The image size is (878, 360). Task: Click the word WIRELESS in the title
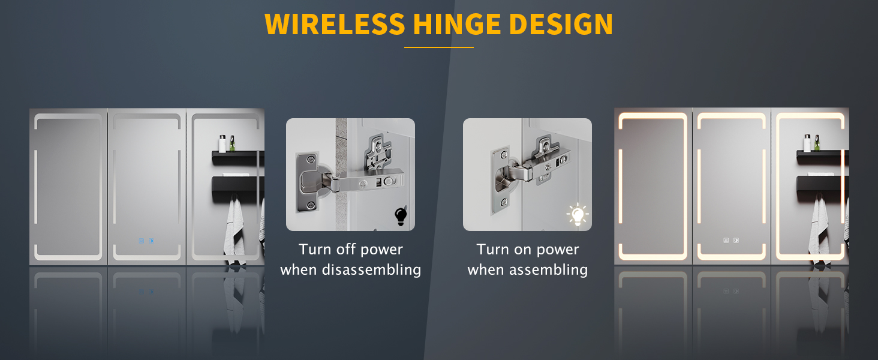[335, 25]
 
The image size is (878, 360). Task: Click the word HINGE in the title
[457, 25]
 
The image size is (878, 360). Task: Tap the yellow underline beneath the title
[439, 47]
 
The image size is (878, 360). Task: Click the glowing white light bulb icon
[578, 215]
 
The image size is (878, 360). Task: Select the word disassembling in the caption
[371, 270]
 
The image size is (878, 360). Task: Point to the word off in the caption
[345, 250]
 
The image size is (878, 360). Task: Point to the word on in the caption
[524, 250]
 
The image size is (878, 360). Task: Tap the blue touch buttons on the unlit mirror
[146, 241]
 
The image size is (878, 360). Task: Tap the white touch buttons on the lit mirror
[731, 241]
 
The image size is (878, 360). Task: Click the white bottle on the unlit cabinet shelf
[222, 143]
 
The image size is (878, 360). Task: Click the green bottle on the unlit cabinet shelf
[232, 143]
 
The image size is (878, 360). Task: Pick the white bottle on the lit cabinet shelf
[807, 143]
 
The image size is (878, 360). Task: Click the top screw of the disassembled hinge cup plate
[311, 160]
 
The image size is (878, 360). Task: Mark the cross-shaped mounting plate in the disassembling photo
[377, 152]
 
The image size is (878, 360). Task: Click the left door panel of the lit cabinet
[653, 186]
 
